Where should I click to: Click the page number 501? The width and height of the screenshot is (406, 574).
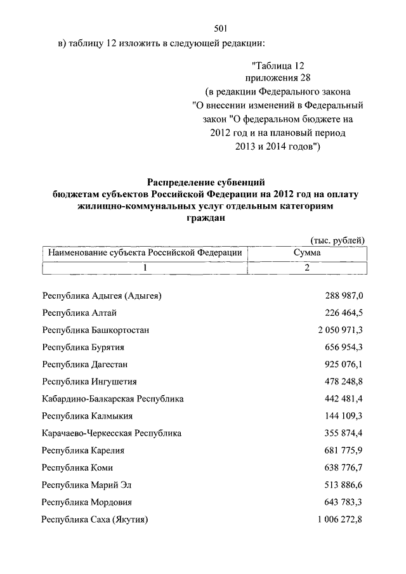click(x=221, y=27)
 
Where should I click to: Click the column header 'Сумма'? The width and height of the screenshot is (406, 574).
click(x=306, y=252)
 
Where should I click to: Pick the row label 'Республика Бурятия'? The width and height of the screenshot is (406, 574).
click(x=83, y=348)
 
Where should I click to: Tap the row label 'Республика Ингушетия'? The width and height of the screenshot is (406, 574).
click(x=89, y=382)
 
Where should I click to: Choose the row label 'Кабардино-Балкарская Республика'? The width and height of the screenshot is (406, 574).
click(x=113, y=399)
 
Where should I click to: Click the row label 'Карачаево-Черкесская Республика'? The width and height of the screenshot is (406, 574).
click(x=112, y=433)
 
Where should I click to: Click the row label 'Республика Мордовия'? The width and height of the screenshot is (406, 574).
click(x=87, y=502)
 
